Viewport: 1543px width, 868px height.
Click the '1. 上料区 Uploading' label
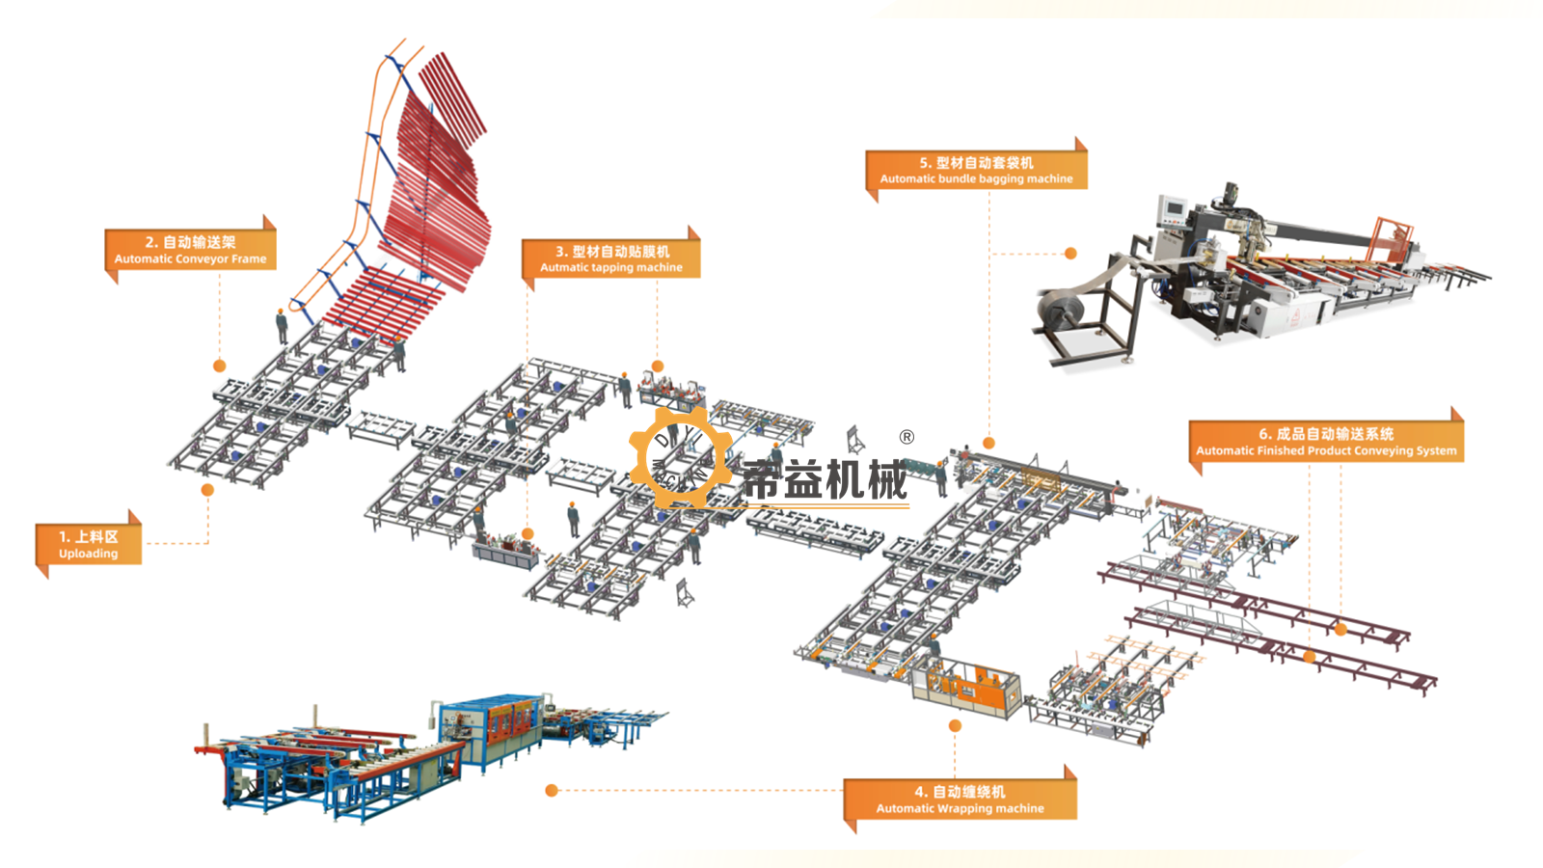point(88,544)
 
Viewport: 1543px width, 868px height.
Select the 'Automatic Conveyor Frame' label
point(190,259)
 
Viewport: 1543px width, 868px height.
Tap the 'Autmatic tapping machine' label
point(611,267)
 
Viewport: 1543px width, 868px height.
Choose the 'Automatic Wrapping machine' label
point(960,808)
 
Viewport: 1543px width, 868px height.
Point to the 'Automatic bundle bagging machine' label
point(976,178)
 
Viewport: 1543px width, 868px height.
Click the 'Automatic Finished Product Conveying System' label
point(1326,450)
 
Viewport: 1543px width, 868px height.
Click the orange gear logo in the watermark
point(681,457)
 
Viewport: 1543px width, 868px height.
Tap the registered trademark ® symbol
point(907,437)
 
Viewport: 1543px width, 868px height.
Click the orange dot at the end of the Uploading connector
point(207,490)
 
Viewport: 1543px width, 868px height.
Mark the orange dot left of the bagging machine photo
point(1070,254)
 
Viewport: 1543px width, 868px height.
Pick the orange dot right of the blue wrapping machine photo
point(551,790)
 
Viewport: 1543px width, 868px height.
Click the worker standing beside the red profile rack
point(282,327)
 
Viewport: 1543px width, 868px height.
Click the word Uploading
point(88,554)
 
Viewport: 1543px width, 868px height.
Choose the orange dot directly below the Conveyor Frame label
point(220,366)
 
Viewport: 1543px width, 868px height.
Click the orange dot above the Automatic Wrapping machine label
point(955,725)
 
